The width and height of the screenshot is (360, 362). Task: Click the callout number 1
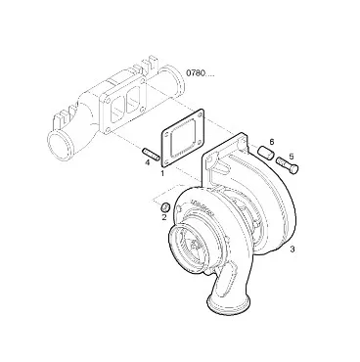point(162,173)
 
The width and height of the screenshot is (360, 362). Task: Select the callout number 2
point(164,217)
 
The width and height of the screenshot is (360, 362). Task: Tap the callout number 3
point(292,249)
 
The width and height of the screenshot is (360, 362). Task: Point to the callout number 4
point(148,162)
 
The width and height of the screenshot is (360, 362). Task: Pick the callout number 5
point(292,157)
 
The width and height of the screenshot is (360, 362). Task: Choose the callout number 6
point(272,142)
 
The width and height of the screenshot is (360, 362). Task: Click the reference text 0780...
point(196,73)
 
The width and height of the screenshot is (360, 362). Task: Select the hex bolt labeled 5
point(288,165)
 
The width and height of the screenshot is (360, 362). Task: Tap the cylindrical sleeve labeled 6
point(266,153)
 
